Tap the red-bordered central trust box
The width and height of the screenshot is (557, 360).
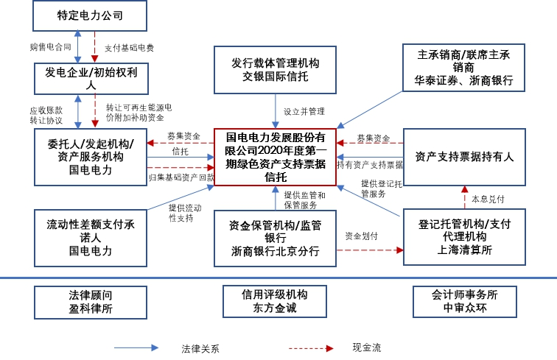(x=275, y=157)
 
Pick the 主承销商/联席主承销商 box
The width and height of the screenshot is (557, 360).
(x=464, y=68)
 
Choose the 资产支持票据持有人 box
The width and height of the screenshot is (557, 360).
(x=464, y=157)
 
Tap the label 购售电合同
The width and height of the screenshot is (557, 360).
(x=50, y=47)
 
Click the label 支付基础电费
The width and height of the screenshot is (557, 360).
(x=129, y=47)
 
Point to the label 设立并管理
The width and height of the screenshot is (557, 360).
(x=304, y=111)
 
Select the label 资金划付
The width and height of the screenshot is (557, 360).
(x=362, y=236)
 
